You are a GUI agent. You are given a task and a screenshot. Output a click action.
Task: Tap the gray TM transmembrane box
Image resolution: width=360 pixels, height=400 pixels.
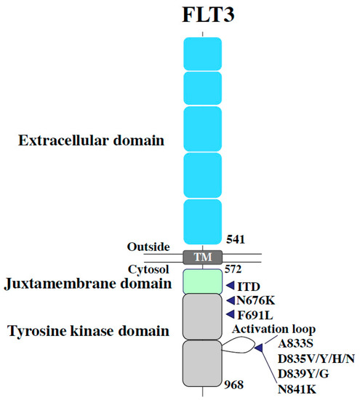[202, 257]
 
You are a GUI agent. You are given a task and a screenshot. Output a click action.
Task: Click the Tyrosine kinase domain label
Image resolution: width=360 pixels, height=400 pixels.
[89, 331]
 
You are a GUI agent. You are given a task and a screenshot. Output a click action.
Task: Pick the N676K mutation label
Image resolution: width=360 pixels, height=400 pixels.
[258, 300]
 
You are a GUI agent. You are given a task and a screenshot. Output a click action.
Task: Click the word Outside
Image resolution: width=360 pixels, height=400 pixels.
[150, 247]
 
